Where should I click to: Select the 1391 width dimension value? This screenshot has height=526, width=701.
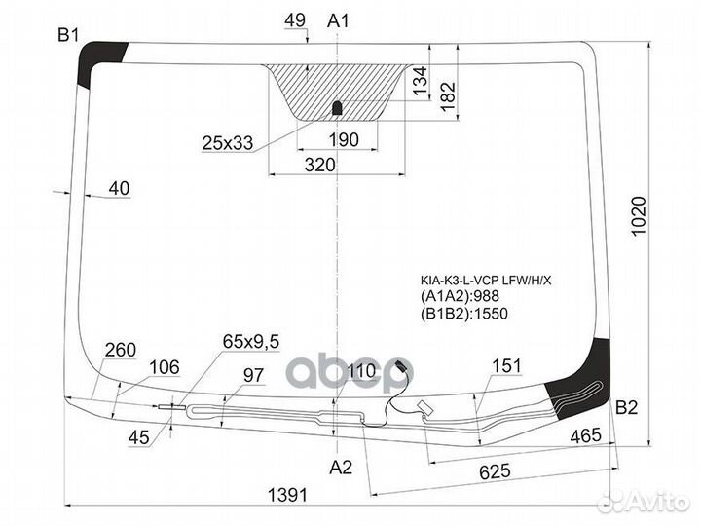[x=287, y=496]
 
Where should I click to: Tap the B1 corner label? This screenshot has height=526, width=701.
[x=67, y=36]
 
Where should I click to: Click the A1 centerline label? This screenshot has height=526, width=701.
[x=339, y=20]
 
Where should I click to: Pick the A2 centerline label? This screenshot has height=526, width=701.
[x=340, y=467]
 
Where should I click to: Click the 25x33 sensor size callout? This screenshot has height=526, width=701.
[x=228, y=143]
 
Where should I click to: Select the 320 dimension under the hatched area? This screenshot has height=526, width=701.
[x=319, y=166]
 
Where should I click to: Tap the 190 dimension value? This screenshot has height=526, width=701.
[x=343, y=140]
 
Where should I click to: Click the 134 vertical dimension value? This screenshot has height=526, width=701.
[x=420, y=82]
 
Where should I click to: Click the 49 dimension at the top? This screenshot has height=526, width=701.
[x=297, y=20]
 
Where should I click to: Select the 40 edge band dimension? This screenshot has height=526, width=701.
[x=120, y=189]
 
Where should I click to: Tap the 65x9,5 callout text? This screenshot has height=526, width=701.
[x=251, y=341]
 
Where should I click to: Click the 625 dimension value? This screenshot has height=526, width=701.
[x=495, y=472]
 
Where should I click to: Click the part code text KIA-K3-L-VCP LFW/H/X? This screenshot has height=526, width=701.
[x=485, y=281]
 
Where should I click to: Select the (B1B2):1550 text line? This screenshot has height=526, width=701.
[x=464, y=314]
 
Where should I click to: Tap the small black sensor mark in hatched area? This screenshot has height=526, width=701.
[x=337, y=107]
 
